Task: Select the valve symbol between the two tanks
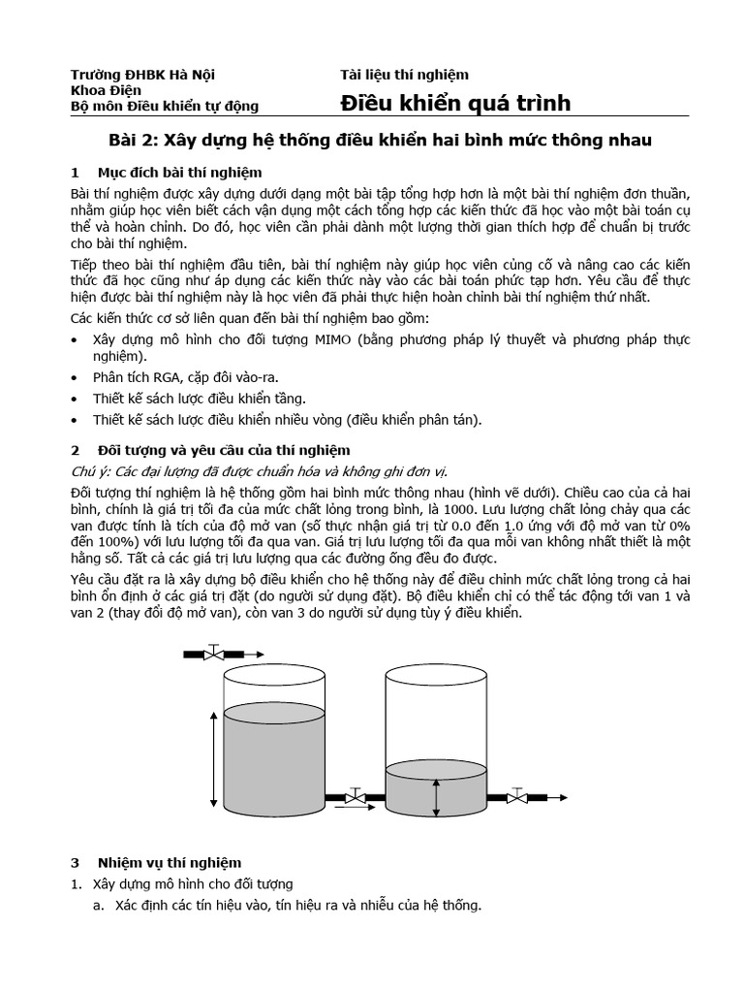(x=355, y=798)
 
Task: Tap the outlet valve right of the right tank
(x=518, y=798)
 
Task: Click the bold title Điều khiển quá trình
(x=455, y=104)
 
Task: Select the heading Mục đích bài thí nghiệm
(x=179, y=173)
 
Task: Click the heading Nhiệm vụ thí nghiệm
(x=170, y=862)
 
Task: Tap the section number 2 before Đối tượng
(x=76, y=450)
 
